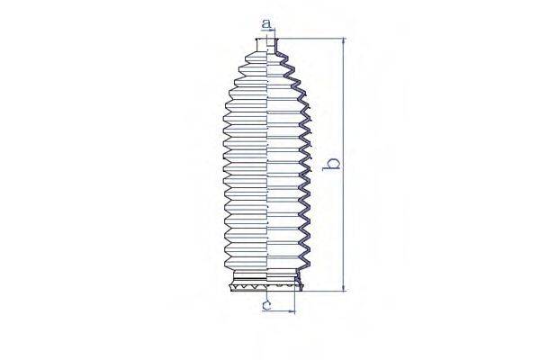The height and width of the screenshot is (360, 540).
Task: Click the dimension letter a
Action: tap(265, 22)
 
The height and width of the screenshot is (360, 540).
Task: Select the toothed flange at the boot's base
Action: tap(269, 286)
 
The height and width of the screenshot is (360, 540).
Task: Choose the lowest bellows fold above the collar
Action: tap(268, 259)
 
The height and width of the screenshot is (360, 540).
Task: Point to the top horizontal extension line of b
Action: tap(315, 39)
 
